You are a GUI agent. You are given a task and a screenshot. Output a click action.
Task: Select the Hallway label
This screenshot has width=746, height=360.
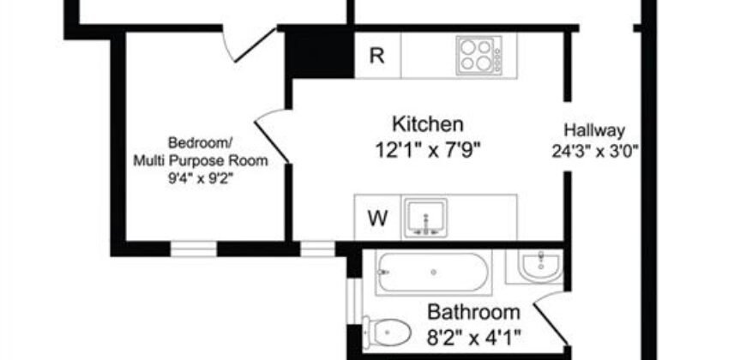pyautogui.click(x=594, y=130)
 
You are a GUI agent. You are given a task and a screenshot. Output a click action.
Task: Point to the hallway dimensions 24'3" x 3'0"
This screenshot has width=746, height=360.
pyautogui.click(x=596, y=152)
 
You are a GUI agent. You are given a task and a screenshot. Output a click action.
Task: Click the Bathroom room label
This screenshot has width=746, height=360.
pyautogui.click(x=473, y=312)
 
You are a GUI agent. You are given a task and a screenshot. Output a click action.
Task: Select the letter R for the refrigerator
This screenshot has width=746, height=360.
pyautogui.click(x=376, y=57)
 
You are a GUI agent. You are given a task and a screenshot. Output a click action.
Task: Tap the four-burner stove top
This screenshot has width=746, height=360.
pyautogui.click(x=478, y=56)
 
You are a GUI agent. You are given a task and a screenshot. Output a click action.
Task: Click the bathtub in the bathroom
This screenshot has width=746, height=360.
pyautogui.click(x=433, y=273)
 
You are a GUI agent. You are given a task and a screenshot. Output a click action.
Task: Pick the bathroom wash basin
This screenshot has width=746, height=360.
pyautogui.click(x=540, y=266)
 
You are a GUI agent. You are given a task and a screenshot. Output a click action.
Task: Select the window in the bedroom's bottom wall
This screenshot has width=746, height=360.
pyautogui.click(x=193, y=249)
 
